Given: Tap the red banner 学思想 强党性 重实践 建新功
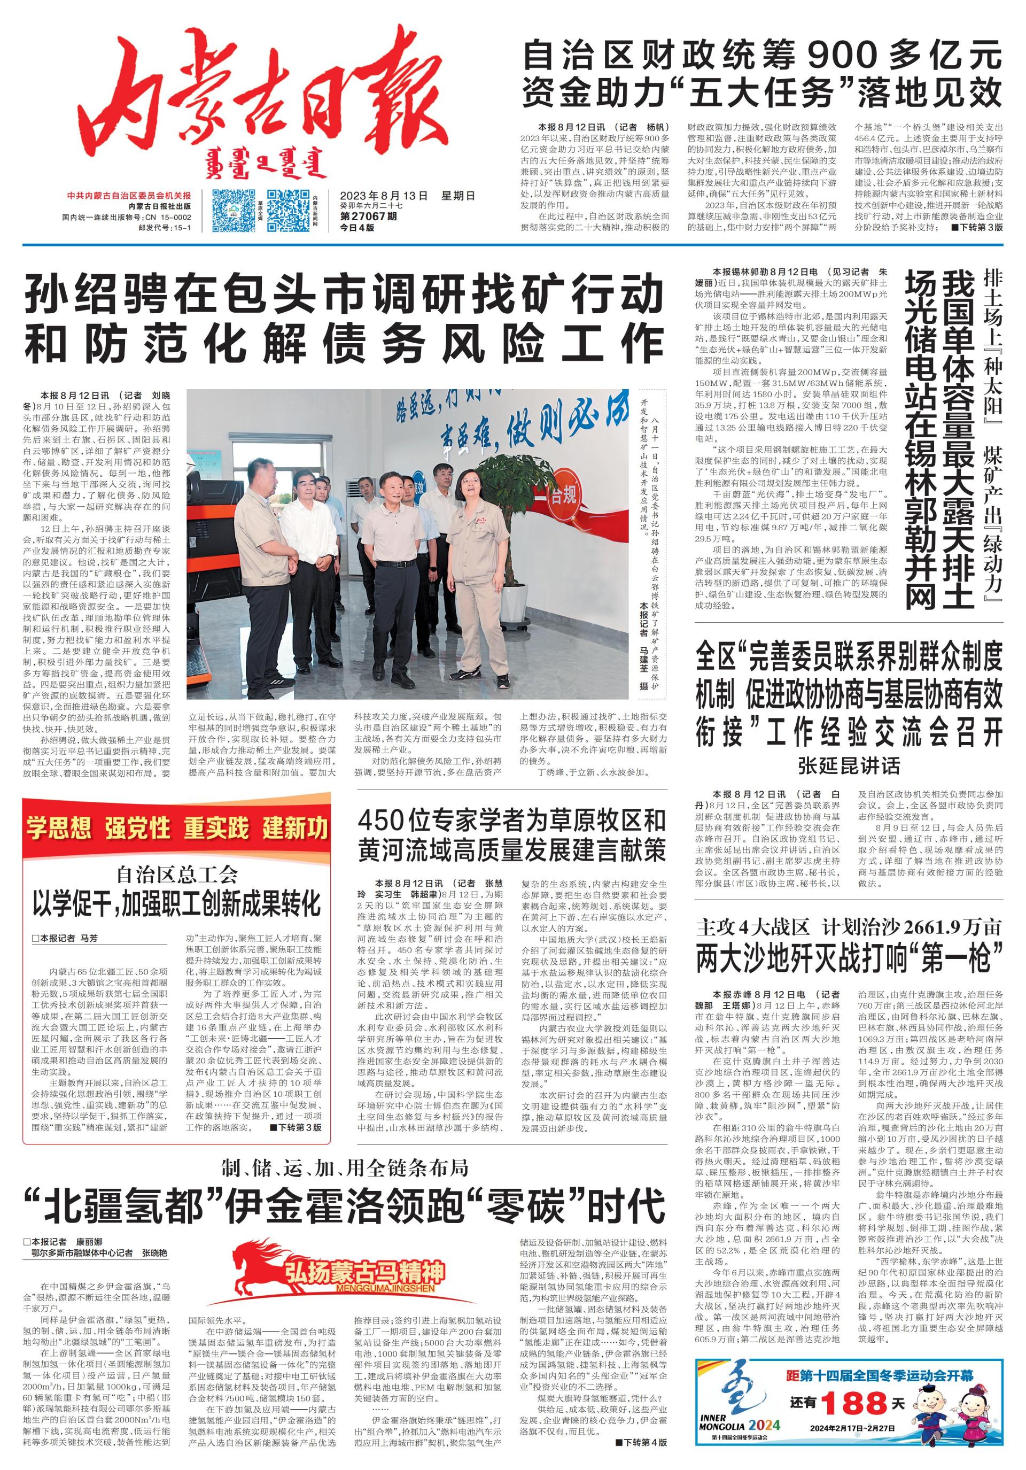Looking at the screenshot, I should [x=177, y=829].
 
